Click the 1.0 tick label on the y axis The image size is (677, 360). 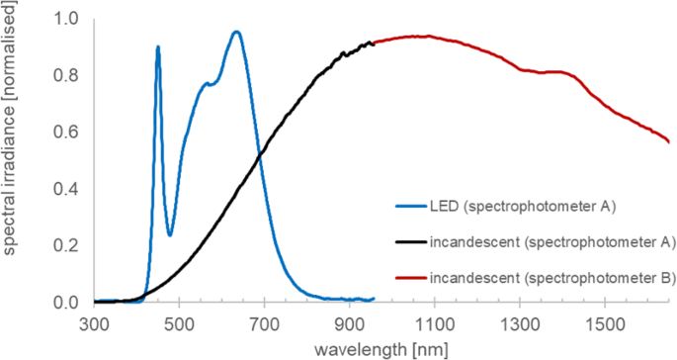[x=67, y=19]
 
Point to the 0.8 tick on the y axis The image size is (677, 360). [x=67, y=75]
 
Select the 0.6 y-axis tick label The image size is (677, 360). [x=67, y=133]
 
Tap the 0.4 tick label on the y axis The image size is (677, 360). [x=67, y=189]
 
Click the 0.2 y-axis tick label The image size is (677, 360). [x=67, y=245]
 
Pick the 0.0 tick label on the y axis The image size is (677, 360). [x=67, y=303]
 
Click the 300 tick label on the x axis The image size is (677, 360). [x=95, y=322]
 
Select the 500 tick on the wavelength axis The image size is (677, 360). [x=180, y=322]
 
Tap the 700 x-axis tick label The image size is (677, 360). [x=265, y=322]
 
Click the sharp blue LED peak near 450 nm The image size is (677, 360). [x=158, y=46]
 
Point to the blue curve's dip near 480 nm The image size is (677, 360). [x=170, y=234]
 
